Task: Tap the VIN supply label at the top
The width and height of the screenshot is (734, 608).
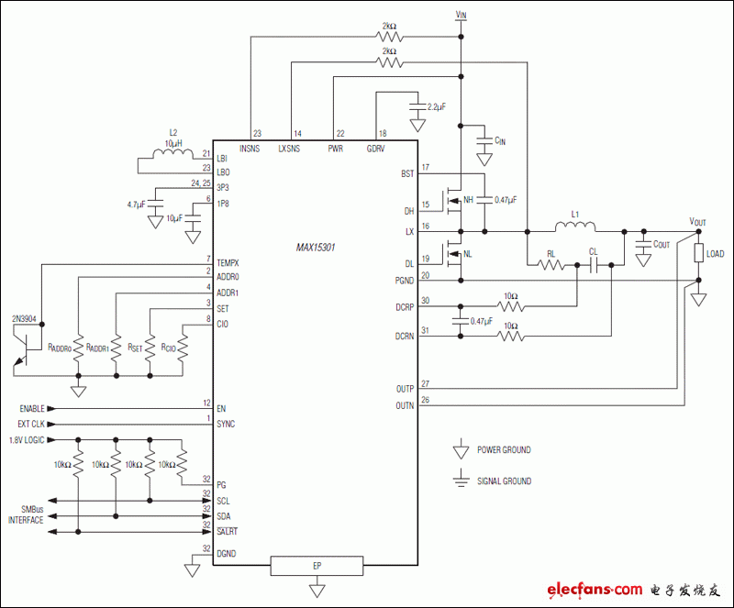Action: [461, 16]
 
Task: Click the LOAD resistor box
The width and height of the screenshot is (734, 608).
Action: [699, 254]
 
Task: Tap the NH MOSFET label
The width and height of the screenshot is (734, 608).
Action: [469, 199]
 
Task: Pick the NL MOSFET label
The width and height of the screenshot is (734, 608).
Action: [469, 255]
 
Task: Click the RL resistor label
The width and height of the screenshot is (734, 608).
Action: [550, 253]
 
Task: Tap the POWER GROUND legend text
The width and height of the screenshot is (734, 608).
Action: [504, 450]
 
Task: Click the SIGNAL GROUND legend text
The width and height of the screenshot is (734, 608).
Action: [504, 481]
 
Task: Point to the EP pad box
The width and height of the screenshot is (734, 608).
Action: [316, 566]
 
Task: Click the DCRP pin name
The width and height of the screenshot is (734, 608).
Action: [405, 306]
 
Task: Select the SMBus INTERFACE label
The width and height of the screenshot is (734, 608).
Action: [26, 514]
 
